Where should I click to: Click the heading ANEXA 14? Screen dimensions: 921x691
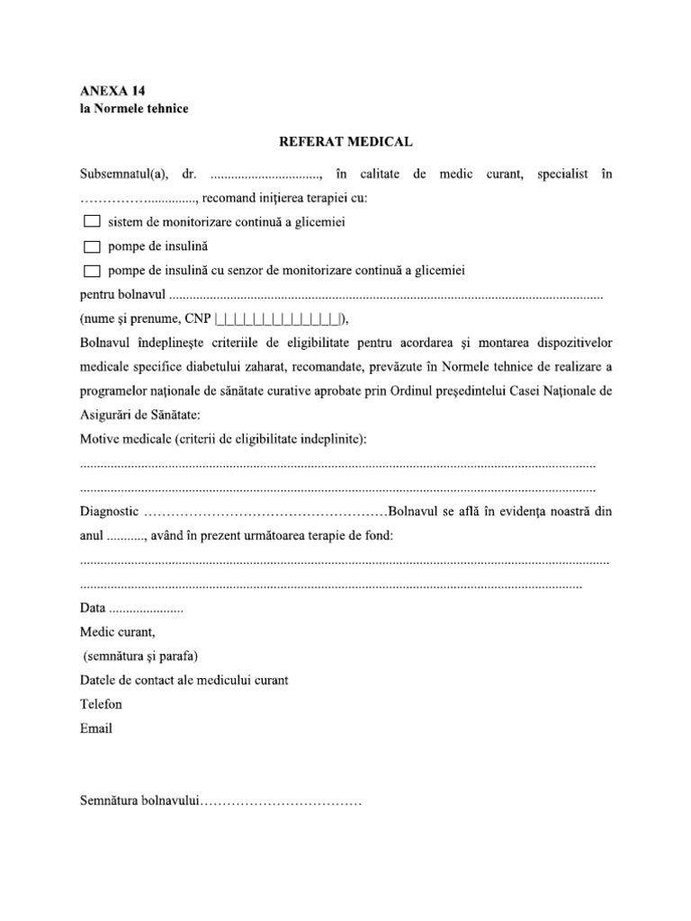tap(112, 92)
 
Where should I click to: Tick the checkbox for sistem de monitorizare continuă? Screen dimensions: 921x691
tap(91, 221)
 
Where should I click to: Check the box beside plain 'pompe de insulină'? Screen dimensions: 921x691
tap(91, 246)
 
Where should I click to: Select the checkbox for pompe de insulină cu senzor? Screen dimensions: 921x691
tap(91, 271)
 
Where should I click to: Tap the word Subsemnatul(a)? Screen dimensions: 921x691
tap(117, 173)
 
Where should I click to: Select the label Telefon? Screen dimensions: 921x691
tap(101, 704)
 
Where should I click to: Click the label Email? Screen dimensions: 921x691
tap(96, 729)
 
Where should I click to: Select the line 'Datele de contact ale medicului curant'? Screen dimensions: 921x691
tap(184, 680)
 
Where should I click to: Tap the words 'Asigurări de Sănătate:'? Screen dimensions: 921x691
tap(140, 414)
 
